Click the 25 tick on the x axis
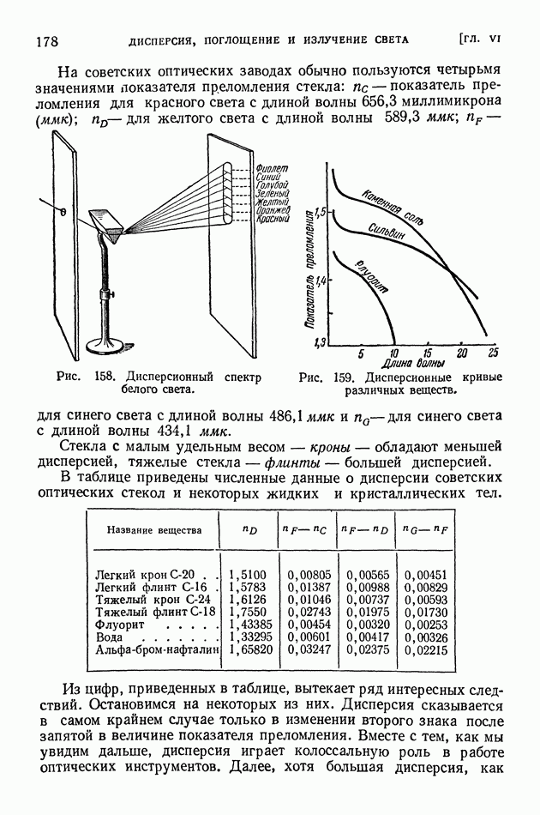click(493, 354)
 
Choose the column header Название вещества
click(154, 529)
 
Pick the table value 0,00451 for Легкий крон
click(426, 574)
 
